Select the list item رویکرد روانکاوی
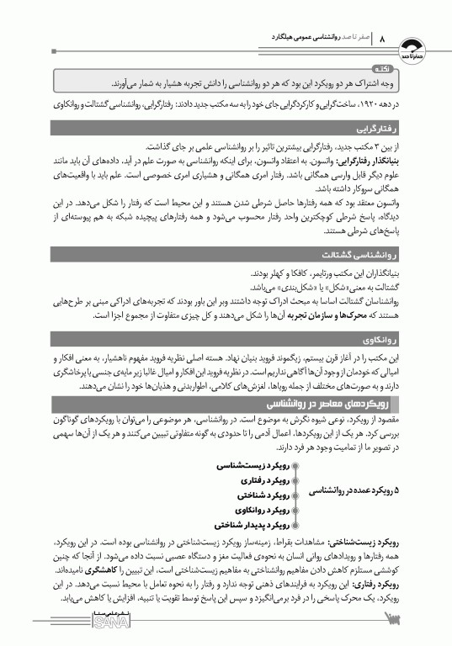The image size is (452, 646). point(259,510)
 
